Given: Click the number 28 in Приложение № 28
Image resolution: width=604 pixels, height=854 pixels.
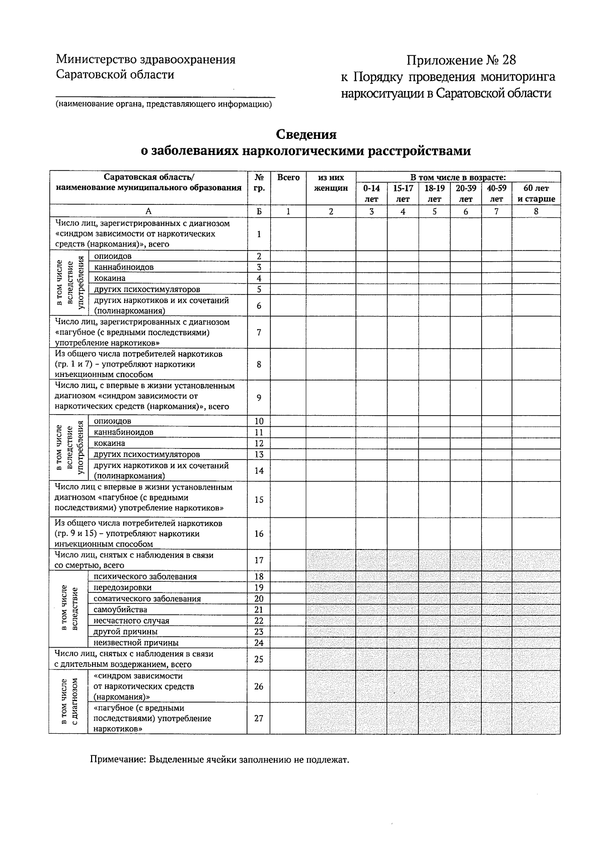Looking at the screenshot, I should (508, 61).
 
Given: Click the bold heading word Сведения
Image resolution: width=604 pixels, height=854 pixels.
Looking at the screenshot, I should (306, 135).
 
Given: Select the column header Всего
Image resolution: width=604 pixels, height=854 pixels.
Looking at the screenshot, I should (288, 178).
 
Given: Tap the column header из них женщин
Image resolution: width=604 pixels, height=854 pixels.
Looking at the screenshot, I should (331, 183).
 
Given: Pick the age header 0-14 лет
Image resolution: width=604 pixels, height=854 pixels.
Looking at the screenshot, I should (371, 193).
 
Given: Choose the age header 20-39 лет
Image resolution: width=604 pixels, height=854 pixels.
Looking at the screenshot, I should (466, 193).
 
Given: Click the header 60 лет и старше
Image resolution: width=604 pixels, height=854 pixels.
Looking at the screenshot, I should (536, 193).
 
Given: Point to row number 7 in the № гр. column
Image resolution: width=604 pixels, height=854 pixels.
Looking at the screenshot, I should (259, 333).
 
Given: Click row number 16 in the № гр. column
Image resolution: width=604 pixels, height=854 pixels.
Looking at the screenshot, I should (259, 533).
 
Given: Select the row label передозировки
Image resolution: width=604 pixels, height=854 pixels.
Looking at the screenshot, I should (122, 588).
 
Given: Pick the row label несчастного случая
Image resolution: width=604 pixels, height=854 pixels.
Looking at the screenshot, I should (131, 620).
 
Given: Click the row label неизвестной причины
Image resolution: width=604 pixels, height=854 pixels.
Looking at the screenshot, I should (136, 643).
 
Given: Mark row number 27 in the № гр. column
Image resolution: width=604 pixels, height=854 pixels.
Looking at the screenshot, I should (259, 718).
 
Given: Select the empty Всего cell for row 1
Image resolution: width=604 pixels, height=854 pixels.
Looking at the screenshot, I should (288, 234).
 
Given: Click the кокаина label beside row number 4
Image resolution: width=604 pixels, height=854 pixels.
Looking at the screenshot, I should (110, 278).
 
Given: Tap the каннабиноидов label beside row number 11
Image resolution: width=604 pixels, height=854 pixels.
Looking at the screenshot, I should (124, 432).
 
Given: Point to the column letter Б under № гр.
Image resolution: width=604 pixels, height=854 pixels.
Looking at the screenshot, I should (259, 212).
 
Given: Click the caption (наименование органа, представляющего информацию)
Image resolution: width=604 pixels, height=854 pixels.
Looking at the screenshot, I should (164, 105).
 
